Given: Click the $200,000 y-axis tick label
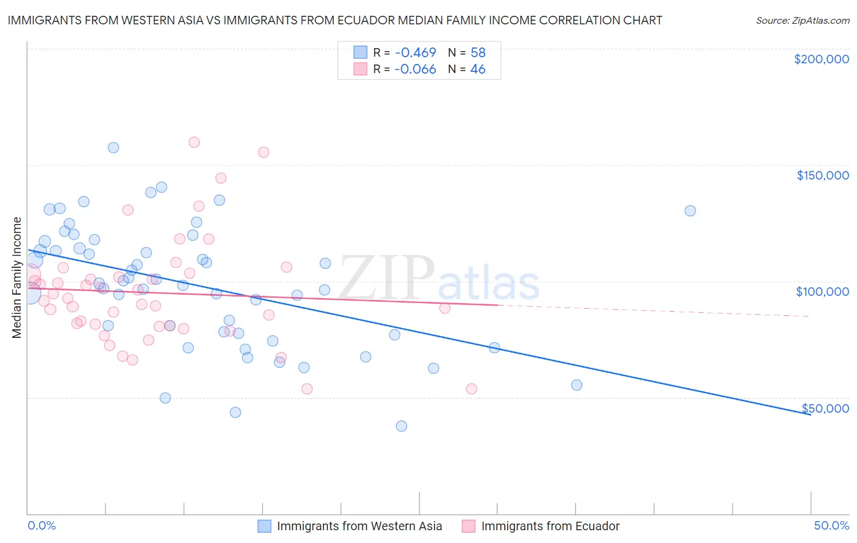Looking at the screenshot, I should click(x=821, y=59).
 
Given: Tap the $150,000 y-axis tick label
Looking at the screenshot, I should click(x=822, y=175).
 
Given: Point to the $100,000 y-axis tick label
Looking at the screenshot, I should click(x=822, y=292).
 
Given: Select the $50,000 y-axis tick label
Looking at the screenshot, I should click(x=825, y=408).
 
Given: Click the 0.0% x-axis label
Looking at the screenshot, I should click(x=41, y=525).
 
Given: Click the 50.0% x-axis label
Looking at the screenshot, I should click(x=831, y=525).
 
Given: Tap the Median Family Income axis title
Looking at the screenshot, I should click(x=17, y=277).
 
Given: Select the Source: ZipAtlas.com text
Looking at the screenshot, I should click(x=802, y=21).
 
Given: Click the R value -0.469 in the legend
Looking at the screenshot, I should click(x=415, y=52).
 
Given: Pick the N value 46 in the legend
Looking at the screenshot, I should click(x=478, y=69).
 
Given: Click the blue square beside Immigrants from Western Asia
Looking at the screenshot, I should click(x=264, y=526).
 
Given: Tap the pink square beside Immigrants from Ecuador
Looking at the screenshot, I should click(x=468, y=526).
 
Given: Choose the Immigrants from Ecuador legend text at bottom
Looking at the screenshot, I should click(x=550, y=526).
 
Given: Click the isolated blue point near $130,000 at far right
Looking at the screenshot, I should click(x=690, y=211).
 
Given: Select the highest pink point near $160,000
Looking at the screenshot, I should click(x=194, y=142).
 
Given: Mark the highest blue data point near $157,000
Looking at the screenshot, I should click(x=113, y=147).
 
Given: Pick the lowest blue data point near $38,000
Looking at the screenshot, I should click(x=401, y=426).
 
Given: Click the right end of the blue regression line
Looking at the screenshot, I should click(x=809, y=414).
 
